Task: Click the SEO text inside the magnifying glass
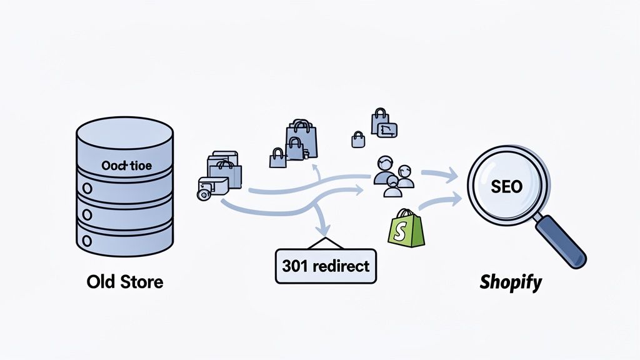click(x=507, y=187)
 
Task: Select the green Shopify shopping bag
click(x=406, y=228)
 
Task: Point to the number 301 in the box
click(x=296, y=266)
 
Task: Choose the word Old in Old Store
click(x=101, y=282)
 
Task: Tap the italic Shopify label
click(x=511, y=282)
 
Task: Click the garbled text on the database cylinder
click(x=124, y=167)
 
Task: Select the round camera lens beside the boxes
click(x=203, y=194)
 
